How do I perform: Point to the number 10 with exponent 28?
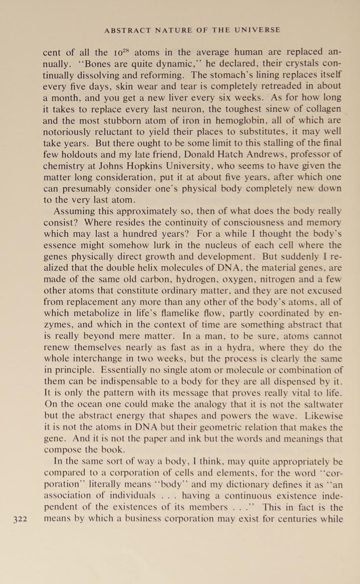pyautogui.click(x=122, y=52)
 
